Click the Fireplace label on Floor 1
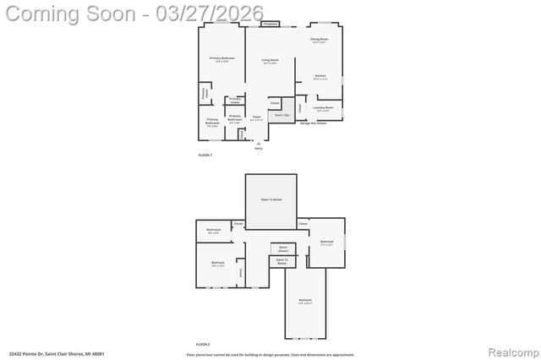tap(270, 25)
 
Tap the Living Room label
tap(270, 61)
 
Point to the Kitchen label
tap(320, 77)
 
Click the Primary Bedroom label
tap(221, 59)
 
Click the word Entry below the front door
tap(259, 149)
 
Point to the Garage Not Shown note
tap(313, 123)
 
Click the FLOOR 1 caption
tap(205, 155)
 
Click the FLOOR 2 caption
tap(203, 345)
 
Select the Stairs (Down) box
tap(282, 250)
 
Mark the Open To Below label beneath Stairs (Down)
tap(281, 262)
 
